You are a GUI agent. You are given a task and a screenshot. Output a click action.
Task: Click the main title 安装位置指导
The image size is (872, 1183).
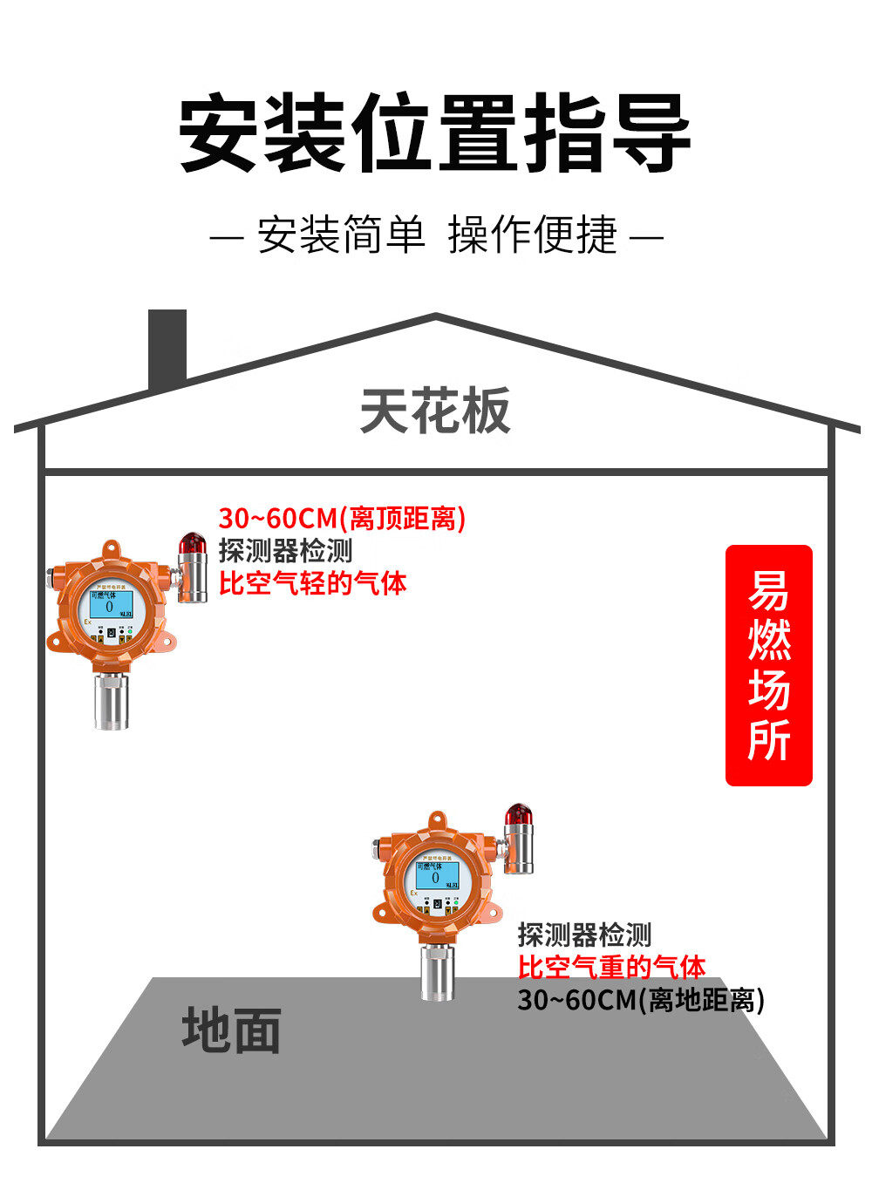pos(435,133)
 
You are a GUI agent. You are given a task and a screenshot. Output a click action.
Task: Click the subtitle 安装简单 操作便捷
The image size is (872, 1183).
pos(437,235)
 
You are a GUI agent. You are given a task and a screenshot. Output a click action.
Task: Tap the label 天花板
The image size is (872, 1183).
pos(434,411)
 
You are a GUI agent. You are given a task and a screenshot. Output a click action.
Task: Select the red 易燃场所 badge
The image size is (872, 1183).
pos(769,665)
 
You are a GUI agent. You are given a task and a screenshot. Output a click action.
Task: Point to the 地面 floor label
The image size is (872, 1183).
pos(231,1030)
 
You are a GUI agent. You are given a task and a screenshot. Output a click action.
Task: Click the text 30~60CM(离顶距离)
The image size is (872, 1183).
pos(342,519)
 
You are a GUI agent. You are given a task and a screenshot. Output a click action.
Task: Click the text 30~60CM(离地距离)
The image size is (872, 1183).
pos(641,999)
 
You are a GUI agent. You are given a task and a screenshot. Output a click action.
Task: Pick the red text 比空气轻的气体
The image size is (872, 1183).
pos(312,583)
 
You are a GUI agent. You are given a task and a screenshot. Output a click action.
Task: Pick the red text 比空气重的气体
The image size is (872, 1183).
pos(611,967)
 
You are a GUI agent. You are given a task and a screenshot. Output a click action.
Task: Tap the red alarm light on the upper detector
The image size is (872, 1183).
pos(192,546)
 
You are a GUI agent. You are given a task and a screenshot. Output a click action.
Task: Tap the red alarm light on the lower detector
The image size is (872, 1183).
pos(517,816)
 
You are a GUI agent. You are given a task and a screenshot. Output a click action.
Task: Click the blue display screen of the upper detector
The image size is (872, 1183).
pos(112,605)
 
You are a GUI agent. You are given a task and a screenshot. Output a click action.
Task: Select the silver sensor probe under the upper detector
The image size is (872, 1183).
pos(112,698)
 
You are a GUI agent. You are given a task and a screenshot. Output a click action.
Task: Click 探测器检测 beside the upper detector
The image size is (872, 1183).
pos(285,551)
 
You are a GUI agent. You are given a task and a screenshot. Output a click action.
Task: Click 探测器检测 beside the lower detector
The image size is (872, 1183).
pos(584,935)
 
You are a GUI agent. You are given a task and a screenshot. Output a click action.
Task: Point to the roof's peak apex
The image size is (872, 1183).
pos(435,316)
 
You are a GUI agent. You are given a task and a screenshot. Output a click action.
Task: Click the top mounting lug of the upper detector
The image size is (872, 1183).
pos(110,549)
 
